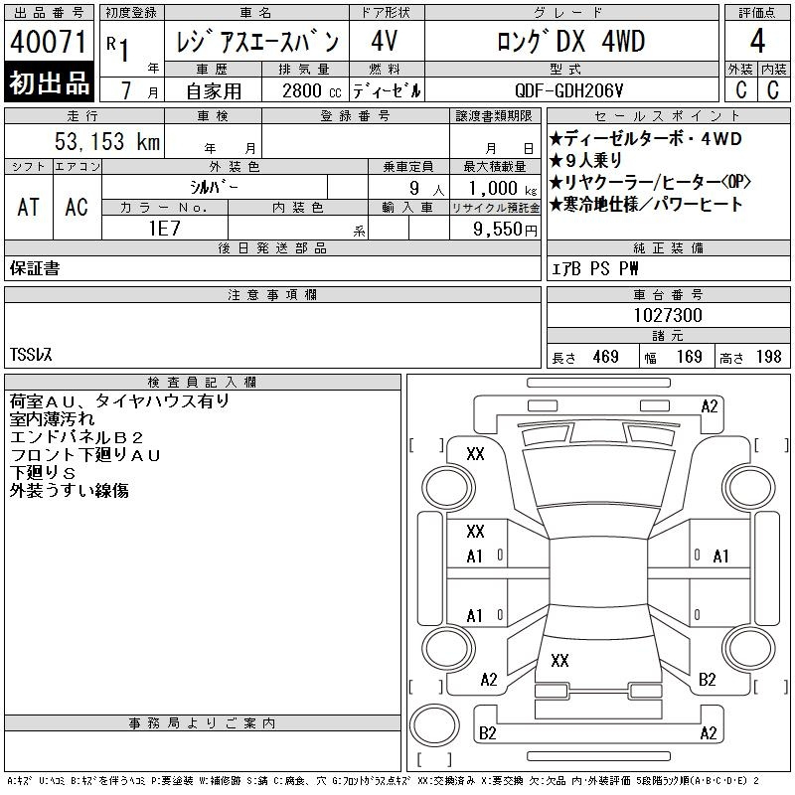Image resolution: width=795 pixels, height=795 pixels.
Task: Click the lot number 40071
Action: click(x=48, y=42)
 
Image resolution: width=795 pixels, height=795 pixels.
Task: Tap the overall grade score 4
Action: click(x=757, y=41)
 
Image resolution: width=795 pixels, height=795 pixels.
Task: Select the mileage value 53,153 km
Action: click(x=107, y=141)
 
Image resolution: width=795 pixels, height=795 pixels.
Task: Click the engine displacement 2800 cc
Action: click(x=311, y=90)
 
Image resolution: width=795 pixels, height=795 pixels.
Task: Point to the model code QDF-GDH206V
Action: click(x=568, y=90)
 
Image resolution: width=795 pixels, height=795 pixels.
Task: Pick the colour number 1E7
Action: click(x=164, y=229)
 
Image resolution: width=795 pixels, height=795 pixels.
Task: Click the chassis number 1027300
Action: click(x=668, y=315)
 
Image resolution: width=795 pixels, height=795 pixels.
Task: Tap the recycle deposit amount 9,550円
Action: click(x=505, y=230)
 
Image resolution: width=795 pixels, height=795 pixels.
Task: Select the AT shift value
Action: click(x=28, y=207)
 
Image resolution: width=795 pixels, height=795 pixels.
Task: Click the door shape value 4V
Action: click(x=384, y=41)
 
